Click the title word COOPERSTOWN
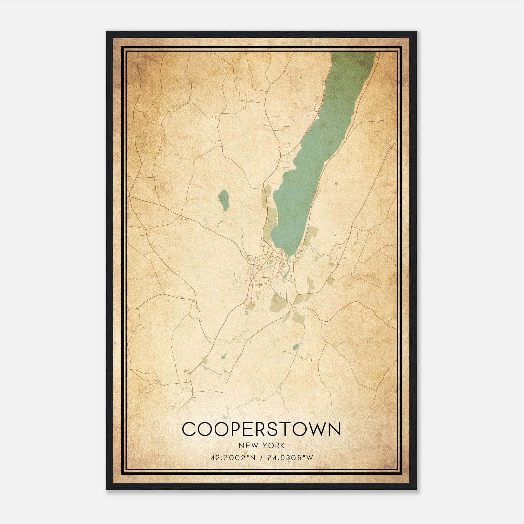click(x=261, y=429)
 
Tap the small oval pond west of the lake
click(x=224, y=200)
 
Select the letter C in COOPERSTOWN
click(x=189, y=429)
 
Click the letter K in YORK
click(x=282, y=446)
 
